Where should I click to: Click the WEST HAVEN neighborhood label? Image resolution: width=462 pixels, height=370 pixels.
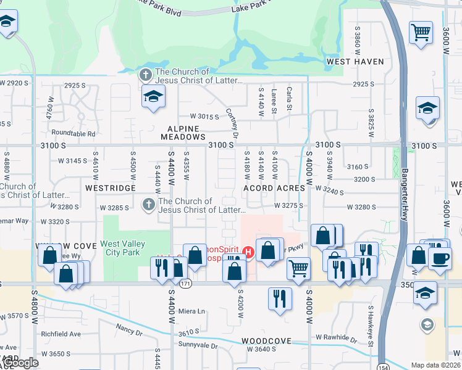click(x=355, y=62)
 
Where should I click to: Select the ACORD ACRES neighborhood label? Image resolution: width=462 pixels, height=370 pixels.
click(x=274, y=188)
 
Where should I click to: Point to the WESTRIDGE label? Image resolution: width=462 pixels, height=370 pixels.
click(x=110, y=187)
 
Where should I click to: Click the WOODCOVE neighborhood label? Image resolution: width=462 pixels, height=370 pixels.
click(x=266, y=341)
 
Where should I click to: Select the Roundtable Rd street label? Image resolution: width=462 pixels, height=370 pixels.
click(x=74, y=133)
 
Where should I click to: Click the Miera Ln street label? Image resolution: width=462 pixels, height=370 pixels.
click(x=191, y=311)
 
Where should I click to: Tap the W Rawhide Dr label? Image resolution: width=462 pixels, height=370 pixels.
click(x=336, y=338)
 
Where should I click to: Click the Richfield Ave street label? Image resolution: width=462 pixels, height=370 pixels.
click(x=61, y=334)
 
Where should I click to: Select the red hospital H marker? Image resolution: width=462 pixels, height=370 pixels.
click(x=248, y=252)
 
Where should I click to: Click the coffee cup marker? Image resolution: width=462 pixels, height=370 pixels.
click(x=440, y=258)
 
